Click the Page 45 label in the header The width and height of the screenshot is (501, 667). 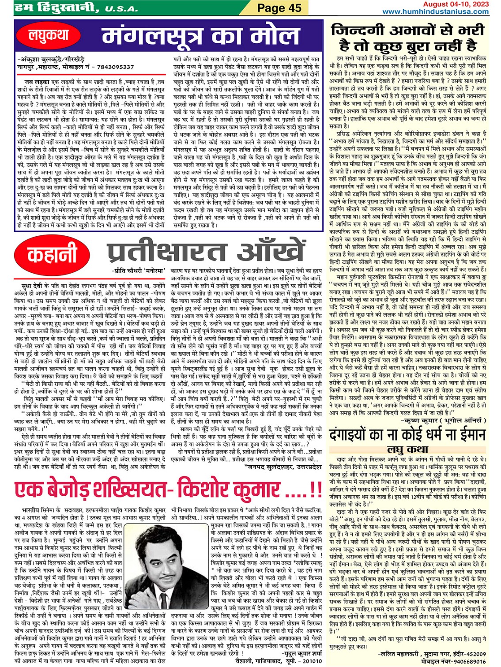click(279, 8)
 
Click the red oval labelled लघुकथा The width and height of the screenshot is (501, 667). click(49, 36)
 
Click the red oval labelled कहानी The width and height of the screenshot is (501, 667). click(52, 255)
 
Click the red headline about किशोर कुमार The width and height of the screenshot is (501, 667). click(168, 490)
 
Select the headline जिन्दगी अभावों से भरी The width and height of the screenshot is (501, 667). click(407, 37)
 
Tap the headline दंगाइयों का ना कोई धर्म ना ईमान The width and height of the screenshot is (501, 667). click(407, 435)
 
